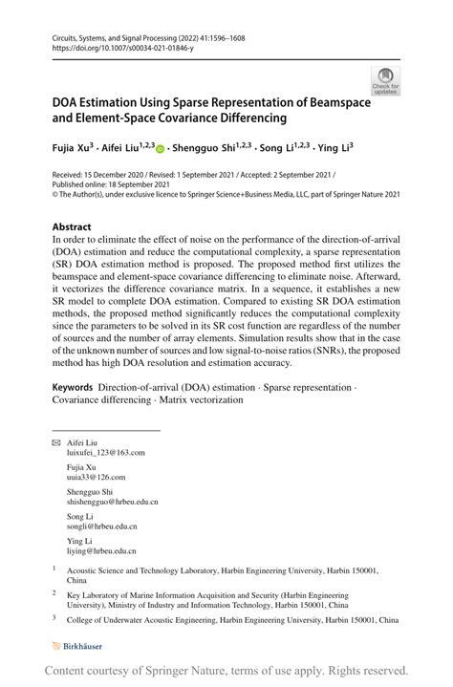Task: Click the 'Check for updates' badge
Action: click(385, 81)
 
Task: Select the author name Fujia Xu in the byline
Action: click(73, 148)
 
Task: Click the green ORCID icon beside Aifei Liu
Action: click(159, 149)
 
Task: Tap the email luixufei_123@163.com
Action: click(105, 453)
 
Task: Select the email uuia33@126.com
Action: click(96, 476)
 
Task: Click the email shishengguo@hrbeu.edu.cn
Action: click(112, 501)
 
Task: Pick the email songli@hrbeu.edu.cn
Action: click(101, 526)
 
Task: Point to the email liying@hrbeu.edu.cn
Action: click(101, 550)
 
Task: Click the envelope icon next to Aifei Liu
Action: click(55, 442)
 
